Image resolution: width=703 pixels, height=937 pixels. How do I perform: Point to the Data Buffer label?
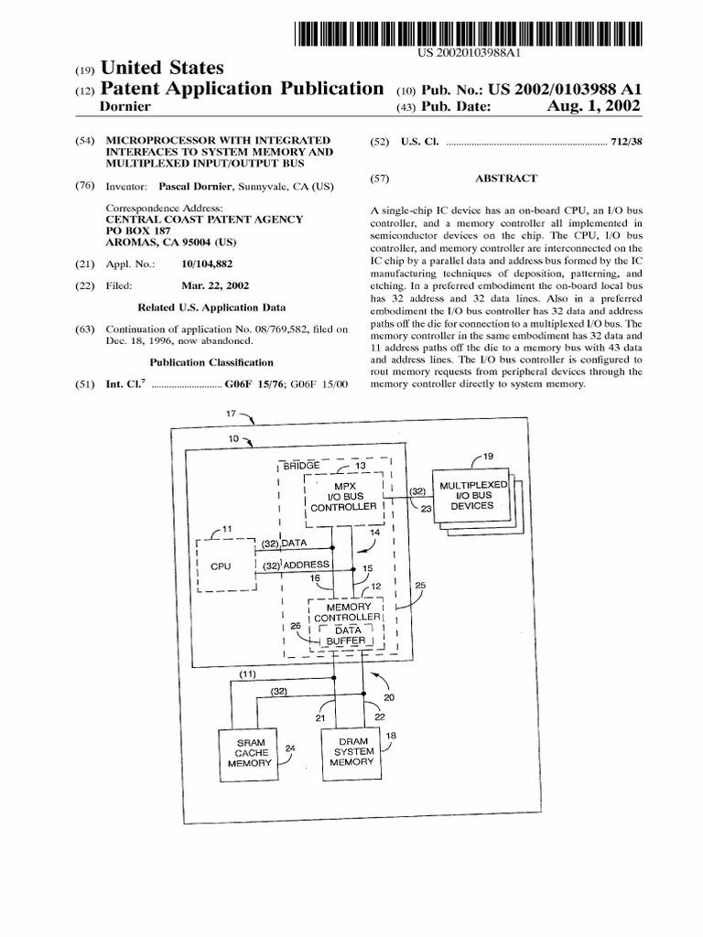348,635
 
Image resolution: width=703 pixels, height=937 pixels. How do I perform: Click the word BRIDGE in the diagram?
302,465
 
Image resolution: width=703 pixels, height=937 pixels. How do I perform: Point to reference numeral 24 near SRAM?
290,748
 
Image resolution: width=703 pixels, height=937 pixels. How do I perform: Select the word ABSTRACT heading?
506,178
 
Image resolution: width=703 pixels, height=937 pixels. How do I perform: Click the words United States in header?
161,69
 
